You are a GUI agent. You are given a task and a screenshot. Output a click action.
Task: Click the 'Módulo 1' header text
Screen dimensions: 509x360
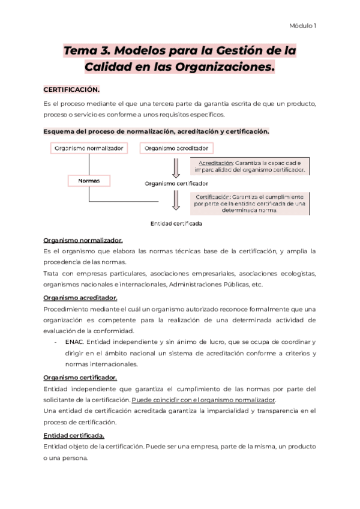click(x=303, y=26)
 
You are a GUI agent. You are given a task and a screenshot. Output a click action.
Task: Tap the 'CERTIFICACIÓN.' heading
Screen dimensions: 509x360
click(x=71, y=89)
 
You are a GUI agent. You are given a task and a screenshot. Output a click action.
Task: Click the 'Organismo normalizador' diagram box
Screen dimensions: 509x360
click(x=89, y=148)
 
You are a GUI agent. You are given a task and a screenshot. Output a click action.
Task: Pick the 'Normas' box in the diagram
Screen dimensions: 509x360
click(x=89, y=180)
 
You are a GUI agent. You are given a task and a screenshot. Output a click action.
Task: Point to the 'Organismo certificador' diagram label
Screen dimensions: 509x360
click(x=176, y=183)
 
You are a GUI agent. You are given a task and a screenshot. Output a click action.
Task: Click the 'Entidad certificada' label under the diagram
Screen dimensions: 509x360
click(x=176, y=223)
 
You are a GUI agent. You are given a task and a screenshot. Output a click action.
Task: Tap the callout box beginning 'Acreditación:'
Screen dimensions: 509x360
click(x=251, y=166)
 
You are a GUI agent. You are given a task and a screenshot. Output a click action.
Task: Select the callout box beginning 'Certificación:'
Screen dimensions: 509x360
click(x=251, y=203)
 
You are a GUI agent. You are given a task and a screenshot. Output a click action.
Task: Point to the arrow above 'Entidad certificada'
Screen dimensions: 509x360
click(x=176, y=200)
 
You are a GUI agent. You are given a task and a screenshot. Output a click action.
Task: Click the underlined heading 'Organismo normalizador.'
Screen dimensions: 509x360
click(x=83, y=240)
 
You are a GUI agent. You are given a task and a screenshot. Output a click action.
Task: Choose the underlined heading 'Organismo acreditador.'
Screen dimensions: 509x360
click(x=80, y=297)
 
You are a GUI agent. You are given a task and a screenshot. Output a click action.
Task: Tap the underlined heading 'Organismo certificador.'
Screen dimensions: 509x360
click(x=80, y=377)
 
